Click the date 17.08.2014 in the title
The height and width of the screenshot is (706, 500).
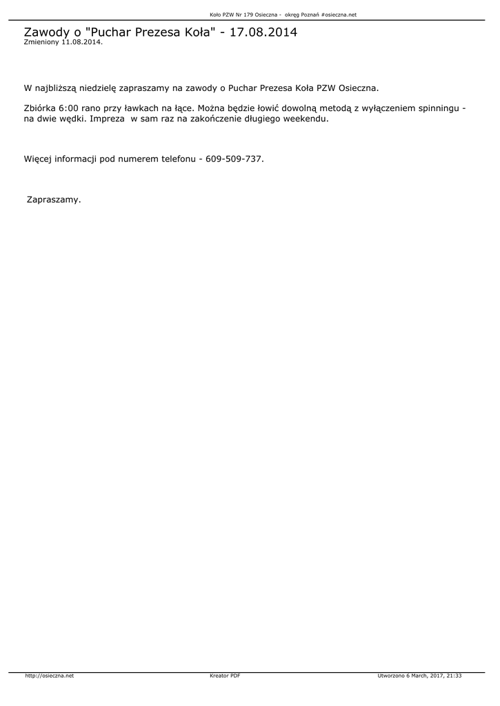click(263, 32)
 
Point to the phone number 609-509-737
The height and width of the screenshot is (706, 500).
click(234, 159)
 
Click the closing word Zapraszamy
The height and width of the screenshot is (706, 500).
click(53, 199)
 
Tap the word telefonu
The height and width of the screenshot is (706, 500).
click(177, 159)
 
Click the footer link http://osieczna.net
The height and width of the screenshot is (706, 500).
click(49, 676)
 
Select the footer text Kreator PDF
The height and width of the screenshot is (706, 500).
click(225, 676)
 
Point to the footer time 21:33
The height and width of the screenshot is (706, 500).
click(454, 676)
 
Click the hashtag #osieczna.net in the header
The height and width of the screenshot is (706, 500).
click(339, 14)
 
